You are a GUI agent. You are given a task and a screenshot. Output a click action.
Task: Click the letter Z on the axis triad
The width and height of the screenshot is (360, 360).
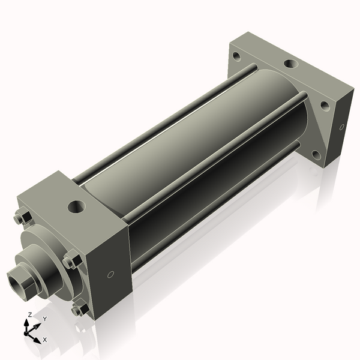(30, 314)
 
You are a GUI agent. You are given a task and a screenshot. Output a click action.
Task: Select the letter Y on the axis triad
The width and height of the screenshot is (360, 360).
(44, 319)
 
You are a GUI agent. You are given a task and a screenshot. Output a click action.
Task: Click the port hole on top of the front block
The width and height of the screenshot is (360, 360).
(76, 208)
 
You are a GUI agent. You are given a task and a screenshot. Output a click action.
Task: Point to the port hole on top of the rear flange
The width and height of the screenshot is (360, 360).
(290, 63)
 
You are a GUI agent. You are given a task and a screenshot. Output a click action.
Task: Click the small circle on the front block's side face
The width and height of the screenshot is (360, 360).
(110, 275)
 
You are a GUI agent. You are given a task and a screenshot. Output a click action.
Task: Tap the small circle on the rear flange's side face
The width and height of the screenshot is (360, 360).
(342, 127)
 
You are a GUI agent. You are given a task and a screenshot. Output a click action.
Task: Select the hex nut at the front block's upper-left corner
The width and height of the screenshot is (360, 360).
(19, 218)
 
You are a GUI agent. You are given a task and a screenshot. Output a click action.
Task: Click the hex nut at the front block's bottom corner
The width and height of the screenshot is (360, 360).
(78, 310)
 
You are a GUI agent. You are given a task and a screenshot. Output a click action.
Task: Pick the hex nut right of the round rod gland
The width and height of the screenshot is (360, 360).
(71, 262)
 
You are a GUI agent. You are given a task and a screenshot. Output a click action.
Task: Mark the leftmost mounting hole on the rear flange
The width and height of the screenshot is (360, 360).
(236, 58)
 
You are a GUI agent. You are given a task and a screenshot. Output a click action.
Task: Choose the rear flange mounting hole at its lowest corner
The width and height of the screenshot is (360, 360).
(317, 155)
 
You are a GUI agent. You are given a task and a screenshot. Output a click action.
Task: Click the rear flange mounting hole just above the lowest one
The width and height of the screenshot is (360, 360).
(325, 106)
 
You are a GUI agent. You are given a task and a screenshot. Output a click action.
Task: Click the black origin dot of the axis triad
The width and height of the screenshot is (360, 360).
(27, 331)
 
